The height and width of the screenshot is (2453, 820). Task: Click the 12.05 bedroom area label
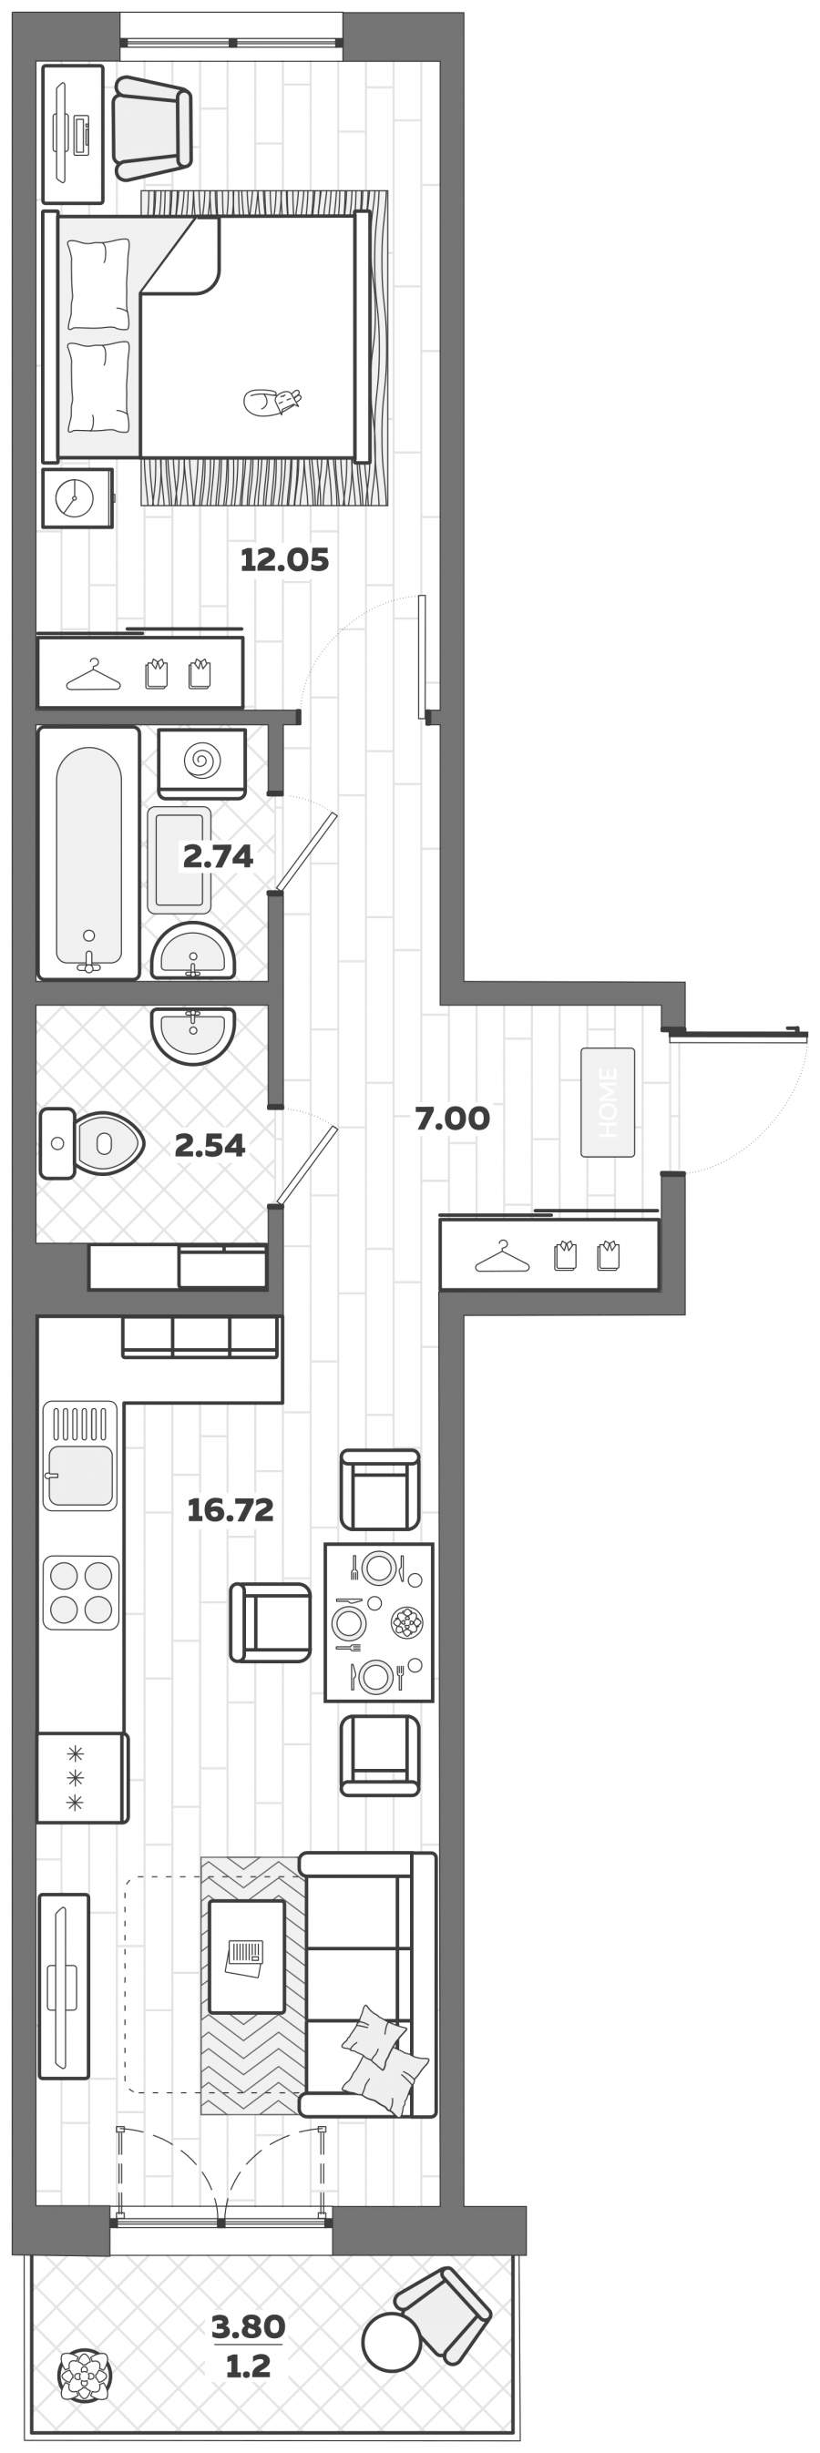(x=283, y=560)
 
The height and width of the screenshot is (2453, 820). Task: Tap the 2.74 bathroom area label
(x=218, y=856)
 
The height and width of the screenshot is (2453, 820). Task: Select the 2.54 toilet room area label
(x=210, y=1146)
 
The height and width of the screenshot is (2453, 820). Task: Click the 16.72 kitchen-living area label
(x=231, y=1509)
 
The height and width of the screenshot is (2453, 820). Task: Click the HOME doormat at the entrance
(x=608, y=1103)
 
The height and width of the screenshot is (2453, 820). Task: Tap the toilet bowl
(x=92, y=1143)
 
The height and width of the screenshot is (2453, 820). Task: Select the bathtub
(x=88, y=853)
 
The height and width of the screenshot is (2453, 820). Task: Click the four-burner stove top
(x=81, y=1593)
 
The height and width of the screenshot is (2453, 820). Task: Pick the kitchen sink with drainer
(x=80, y=1455)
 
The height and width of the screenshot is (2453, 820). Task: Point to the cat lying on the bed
(x=272, y=402)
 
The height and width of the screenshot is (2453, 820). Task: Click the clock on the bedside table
(x=75, y=497)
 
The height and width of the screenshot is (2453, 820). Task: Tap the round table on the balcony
(x=392, y=2342)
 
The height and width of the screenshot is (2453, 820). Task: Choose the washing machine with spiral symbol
(x=202, y=762)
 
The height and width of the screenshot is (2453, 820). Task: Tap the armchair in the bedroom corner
(x=152, y=128)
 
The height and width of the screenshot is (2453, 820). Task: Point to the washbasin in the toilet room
(x=192, y=1034)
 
